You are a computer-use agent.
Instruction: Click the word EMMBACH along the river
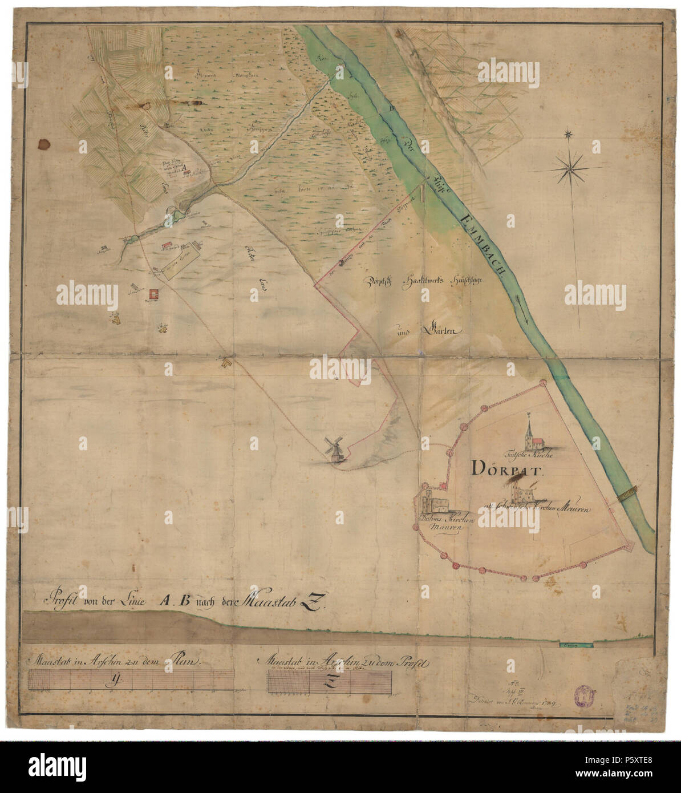[484, 243]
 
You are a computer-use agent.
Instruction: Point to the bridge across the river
[627, 492]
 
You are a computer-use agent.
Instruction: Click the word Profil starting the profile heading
[63, 601]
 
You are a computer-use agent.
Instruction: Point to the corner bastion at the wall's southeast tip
[629, 547]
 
